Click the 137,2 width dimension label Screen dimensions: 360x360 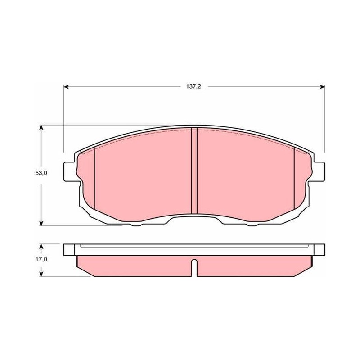[193, 86]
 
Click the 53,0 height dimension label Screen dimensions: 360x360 [41, 173]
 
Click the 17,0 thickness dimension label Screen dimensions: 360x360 [41, 259]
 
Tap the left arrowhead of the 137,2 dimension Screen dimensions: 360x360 [66, 87]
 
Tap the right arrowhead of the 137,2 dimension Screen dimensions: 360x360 [322, 87]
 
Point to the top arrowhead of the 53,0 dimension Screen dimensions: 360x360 [41, 128]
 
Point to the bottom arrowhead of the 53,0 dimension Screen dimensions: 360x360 [41, 223]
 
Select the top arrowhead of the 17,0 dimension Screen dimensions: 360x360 [41, 246]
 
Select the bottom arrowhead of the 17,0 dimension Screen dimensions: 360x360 [41, 274]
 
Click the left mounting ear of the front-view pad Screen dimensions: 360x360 [69, 171]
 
